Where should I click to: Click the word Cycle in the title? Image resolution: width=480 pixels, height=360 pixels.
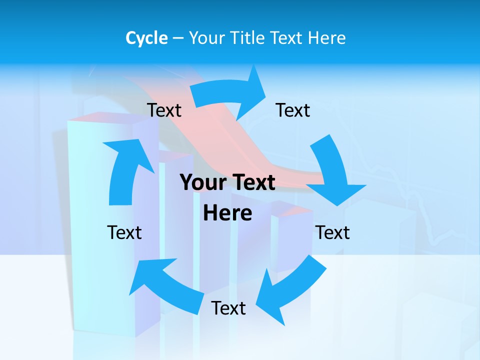(x=146, y=38)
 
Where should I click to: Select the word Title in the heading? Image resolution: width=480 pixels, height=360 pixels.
(x=248, y=38)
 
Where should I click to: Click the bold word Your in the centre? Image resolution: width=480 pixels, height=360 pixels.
(x=203, y=182)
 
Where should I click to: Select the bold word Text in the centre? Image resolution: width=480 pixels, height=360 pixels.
(x=253, y=182)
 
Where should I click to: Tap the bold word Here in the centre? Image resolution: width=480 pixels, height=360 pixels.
(x=227, y=213)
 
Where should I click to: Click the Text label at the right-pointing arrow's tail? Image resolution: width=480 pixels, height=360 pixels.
(x=164, y=110)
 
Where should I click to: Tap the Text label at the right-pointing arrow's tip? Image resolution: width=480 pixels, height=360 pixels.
(x=293, y=110)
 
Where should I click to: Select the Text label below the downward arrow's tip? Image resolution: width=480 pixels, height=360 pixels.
(x=332, y=232)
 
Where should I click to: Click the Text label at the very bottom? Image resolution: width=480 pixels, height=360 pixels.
(x=228, y=308)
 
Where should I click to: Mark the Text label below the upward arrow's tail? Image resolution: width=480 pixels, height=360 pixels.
(x=124, y=232)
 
